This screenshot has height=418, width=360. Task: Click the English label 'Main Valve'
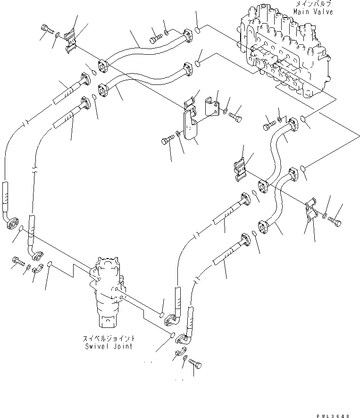tap(313, 11)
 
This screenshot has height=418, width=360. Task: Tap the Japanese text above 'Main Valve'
tap(313, 4)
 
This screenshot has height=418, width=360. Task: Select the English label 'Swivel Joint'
tap(108, 346)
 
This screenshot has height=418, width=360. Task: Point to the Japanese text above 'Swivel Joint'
tap(108, 339)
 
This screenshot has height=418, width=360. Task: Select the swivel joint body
tap(109, 293)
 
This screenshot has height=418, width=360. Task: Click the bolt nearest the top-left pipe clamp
tap(47, 30)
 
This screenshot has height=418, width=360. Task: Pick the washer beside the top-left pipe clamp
tap(57, 35)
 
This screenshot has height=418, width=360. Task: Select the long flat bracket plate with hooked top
tap(190, 125)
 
